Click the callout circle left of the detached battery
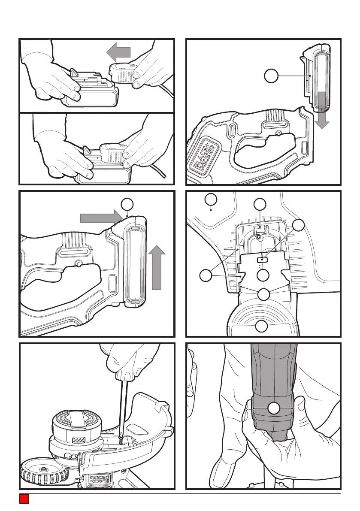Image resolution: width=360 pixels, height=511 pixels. pos(270,76)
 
